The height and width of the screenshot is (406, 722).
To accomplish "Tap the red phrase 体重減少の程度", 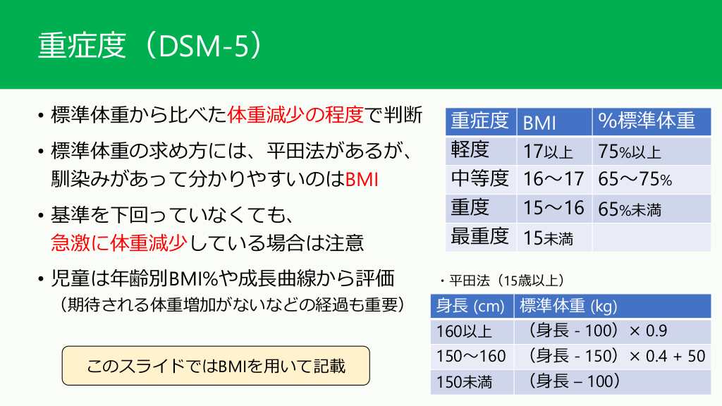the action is coord(295,115).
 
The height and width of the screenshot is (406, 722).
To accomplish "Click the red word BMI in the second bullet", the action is coord(362,179).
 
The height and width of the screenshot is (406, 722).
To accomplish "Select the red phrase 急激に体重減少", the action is coord(118,242).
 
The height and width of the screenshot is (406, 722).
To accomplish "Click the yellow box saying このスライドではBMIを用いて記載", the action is coord(216,366).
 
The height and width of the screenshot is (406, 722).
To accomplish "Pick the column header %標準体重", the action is coord(647,121).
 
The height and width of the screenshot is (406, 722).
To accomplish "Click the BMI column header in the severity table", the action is coord(539,123).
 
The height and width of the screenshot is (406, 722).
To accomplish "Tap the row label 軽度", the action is coord(470,149).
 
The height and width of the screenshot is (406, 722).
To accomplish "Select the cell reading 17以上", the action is coord(548,151).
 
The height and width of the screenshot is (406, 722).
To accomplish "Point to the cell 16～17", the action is coord(553,179).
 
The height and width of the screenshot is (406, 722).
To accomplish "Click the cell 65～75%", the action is coord(635,179).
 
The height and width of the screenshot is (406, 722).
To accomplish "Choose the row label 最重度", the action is coord(479,236).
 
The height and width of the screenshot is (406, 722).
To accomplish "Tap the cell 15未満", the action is coord(548,238).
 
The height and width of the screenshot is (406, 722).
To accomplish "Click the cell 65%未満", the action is coord(630,209).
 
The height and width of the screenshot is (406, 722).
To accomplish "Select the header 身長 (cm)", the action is coord(470,306).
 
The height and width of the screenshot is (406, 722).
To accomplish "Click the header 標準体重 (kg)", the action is coord(568,306).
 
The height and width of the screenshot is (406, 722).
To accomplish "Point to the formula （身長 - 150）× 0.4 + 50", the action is coord(616,356).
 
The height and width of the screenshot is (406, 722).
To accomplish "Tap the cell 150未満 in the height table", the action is coord(464,381).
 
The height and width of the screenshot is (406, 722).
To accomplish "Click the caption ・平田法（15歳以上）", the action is coord(502,281).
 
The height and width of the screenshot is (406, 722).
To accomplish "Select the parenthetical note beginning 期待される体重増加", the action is coord(232,304).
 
